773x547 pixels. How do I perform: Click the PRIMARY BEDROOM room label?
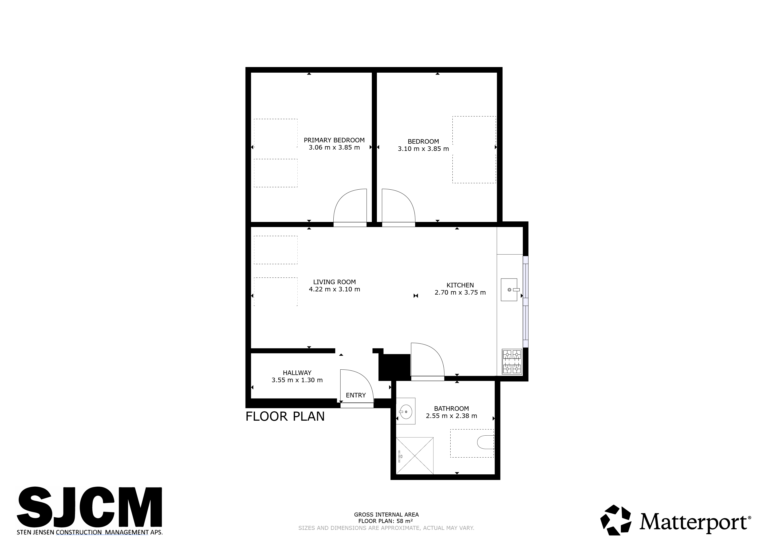(x=334, y=140)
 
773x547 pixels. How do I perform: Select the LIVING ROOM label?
(x=334, y=282)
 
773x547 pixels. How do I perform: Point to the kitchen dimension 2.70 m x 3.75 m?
(x=460, y=292)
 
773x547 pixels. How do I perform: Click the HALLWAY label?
(x=297, y=373)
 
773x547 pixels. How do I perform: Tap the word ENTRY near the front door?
(x=356, y=395)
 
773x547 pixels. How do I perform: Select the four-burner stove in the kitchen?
(x=512, y=361)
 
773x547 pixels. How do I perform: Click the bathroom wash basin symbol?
(x=406, y=411)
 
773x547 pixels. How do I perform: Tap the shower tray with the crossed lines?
(x=415, y=455)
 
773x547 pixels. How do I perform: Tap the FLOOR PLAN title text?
(x=285, y=417)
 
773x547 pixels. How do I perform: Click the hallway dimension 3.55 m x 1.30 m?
(x=297, y=380)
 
